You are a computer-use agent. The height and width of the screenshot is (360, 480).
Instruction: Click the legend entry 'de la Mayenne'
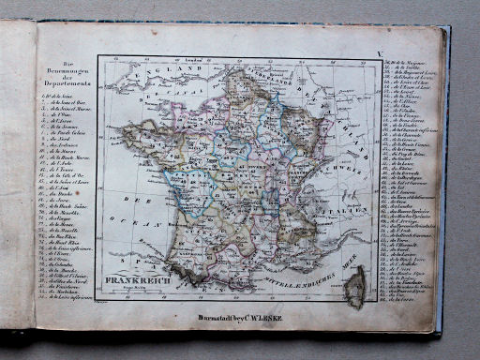click(412, 61)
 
